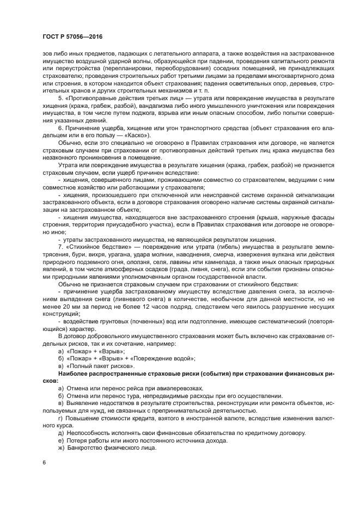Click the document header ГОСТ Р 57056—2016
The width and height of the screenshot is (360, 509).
72,37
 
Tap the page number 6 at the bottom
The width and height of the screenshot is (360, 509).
44,462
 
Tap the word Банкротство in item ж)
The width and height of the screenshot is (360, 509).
86,447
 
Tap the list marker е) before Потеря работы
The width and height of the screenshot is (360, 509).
61,440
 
